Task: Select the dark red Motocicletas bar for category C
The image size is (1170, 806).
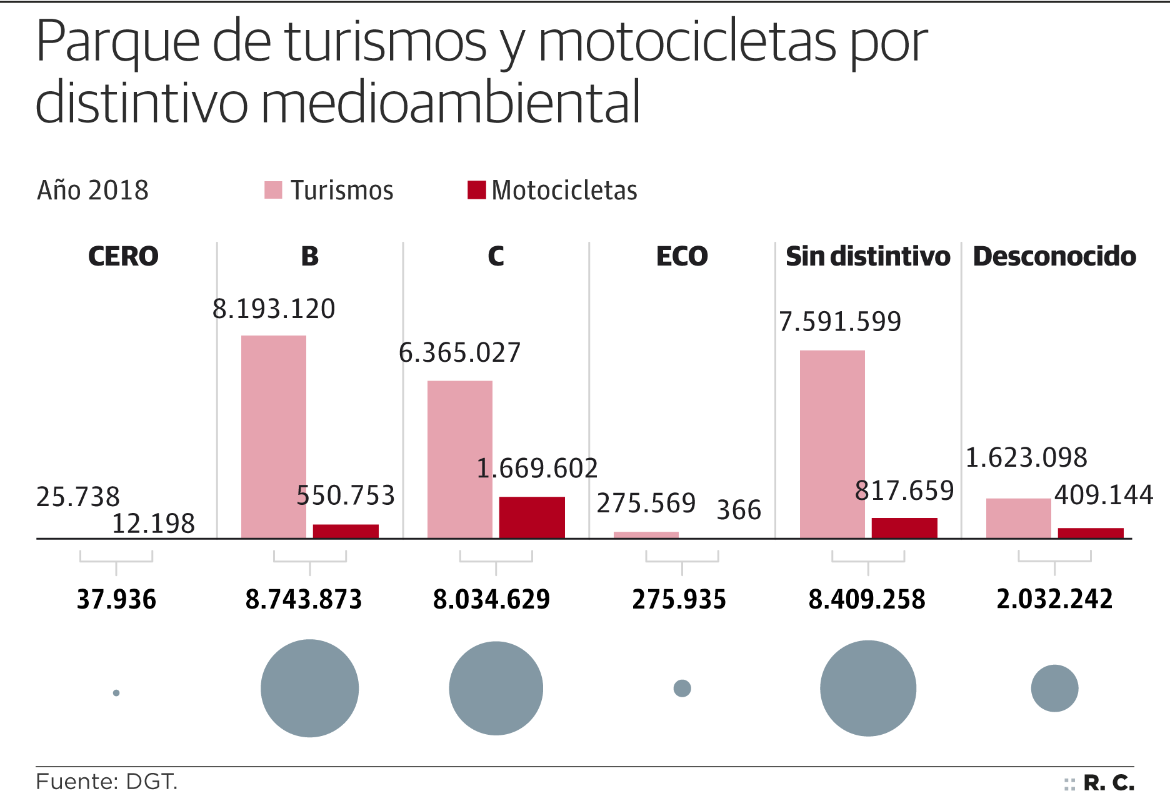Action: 532,517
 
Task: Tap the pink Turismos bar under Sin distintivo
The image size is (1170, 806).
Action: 832,444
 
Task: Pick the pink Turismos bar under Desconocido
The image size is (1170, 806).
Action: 1019,518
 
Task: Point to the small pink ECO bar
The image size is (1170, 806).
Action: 646,535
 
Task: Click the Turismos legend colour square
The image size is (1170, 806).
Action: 273,190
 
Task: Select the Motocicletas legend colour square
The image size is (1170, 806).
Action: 476,190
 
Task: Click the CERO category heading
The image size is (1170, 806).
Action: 123,256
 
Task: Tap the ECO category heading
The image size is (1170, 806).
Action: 682,256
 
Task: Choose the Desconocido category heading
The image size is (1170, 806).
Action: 1054,256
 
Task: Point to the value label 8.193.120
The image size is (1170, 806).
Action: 274,309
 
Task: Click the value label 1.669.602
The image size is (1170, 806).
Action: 537,469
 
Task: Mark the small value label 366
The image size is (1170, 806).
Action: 739,510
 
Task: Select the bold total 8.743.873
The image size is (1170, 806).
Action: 304,599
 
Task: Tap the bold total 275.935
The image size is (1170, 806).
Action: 679,599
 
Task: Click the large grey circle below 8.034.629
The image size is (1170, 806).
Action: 496,688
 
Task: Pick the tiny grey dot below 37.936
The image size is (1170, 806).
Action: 116,693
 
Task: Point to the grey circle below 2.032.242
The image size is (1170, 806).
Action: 1054,688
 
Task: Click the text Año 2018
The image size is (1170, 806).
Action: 92,190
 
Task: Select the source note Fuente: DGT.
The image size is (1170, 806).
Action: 107,782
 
